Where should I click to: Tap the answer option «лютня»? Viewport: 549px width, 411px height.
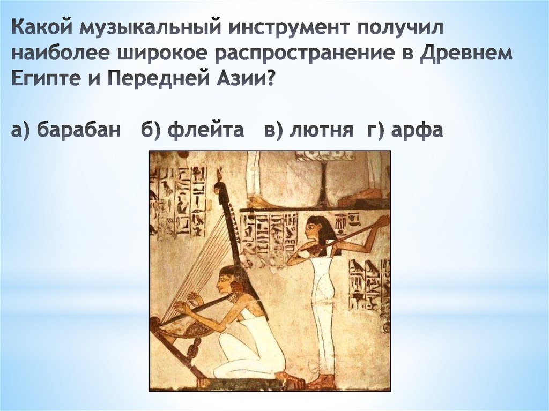[321, 130]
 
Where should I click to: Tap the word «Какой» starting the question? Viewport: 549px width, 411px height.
[42, 27]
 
